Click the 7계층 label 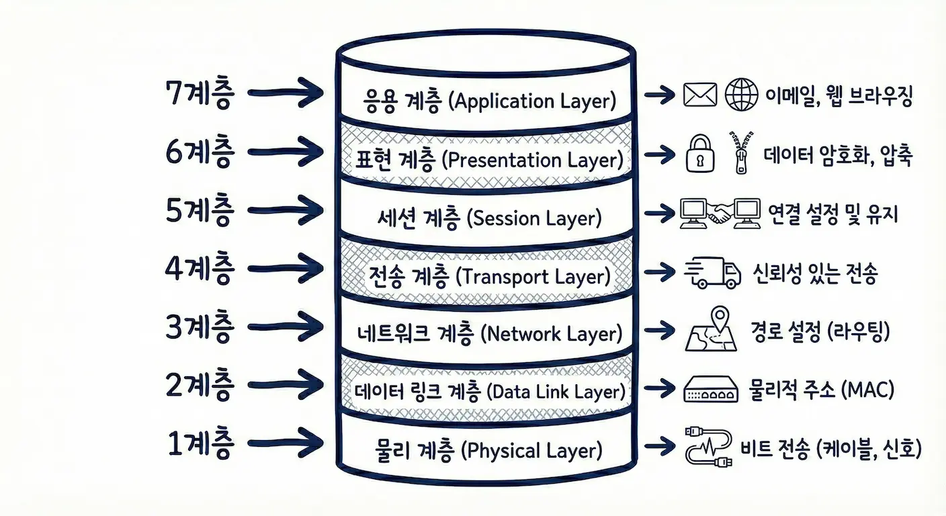pyautogui.click(x=200, y=95)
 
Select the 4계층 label pyautogui.click(x=200, y=270)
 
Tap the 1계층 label pyautogui.click(x=200, y=444)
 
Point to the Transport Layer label pyautogui.click(x=533, y=276)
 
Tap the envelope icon pyautogui.click(x=700, y=95)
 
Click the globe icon pyautogui.click(x=741, y=95)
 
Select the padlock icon pyautogui.click(x=699, y=154)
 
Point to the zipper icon pyautogui.click(x=739, y=154)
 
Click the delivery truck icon pyautogui.click(x=712, y=273)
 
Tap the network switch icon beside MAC pyautogui.click(x=711, y=389)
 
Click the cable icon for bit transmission pyautogui.click(x=707, y=446)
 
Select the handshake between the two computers pyautogui.click(x=720, y=214)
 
